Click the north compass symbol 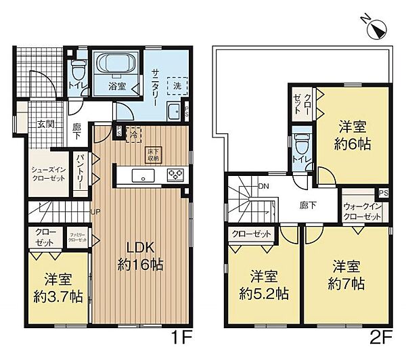pyautogui.click(x=376, y=29)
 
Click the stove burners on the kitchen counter pyautogui.click(x=175, y=175)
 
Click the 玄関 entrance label pyautogui.click(x=45, y=124)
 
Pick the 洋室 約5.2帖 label pyautogui.click(x=264, y=285)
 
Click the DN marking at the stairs pyautogui.click(x=263, y=187)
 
